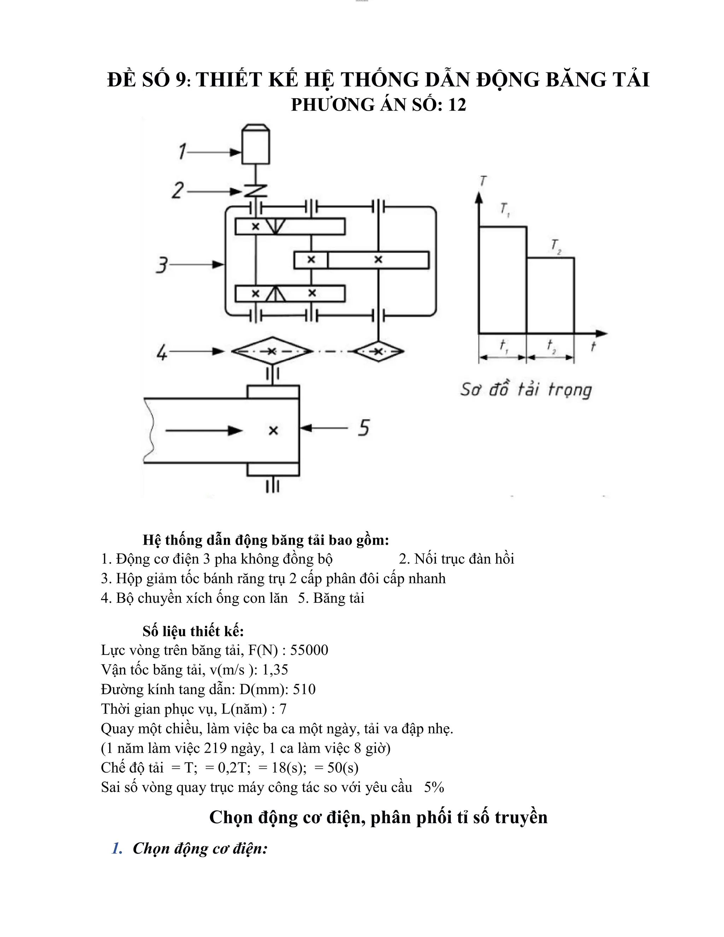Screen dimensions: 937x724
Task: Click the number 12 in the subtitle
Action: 457,105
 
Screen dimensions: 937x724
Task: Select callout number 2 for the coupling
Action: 177,190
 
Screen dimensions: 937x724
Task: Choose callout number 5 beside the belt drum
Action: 363,428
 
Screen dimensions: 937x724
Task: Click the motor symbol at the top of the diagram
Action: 256,144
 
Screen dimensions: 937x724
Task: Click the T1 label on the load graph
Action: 505,210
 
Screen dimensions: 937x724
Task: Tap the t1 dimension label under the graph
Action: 503,345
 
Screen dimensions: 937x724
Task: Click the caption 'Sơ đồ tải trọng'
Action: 526,390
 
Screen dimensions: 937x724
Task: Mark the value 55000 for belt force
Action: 309,650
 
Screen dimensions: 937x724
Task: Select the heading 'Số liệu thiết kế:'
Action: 193,631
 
